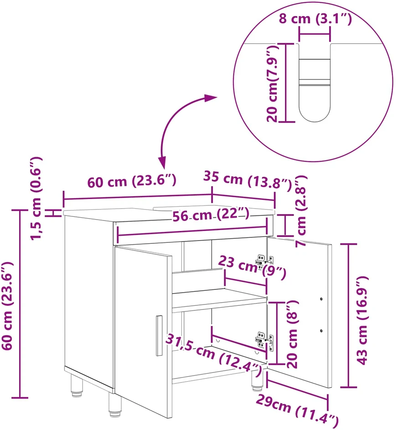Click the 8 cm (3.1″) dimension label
coord(315,19)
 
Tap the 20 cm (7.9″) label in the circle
coord(273,84)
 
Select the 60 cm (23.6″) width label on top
coord(132,181)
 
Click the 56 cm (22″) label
coord(211,215)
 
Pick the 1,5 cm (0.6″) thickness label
coord(36,199)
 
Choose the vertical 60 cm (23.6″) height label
coord(7,305)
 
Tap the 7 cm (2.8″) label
coord(301,211)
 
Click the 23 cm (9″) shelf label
coord(252,267)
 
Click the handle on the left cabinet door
coord(159,336)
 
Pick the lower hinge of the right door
coord(264,341)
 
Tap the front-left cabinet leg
coord(115,404)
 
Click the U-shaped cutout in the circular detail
coord(315,82)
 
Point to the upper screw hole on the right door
coord(321,299)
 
